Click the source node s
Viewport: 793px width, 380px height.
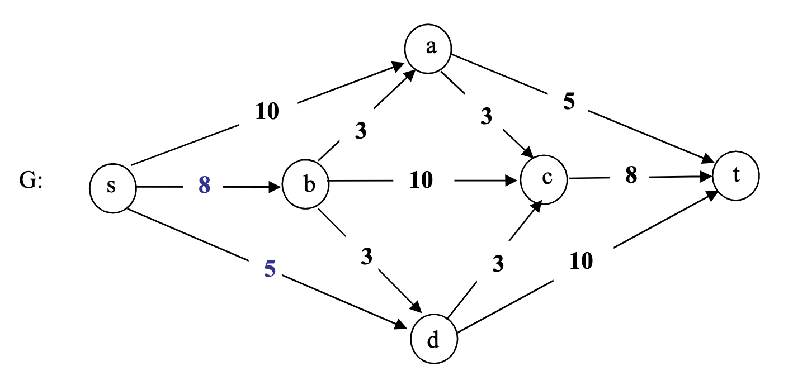[x=112, y=187]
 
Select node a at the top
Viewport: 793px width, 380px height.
[x=429, y=48]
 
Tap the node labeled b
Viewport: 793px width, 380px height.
[x=305, y=185]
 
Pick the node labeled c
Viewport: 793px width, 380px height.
[x=544, y=179]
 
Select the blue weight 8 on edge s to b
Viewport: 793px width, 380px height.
[x=204, y=186]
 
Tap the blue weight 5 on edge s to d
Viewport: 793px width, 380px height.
[x=270, y=269]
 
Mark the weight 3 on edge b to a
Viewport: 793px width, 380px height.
[x=360, y=131]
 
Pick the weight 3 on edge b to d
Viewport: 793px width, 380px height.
[x=366, y=256]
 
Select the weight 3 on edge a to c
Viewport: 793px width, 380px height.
[x=486, y=117]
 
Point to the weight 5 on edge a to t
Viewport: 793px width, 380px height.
[x=569, y=103]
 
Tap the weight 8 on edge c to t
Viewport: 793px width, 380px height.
[x=631, y=175]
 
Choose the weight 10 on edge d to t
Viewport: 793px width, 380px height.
[x=582, y=261]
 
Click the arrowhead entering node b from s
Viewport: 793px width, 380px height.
[x=275, y=186]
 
